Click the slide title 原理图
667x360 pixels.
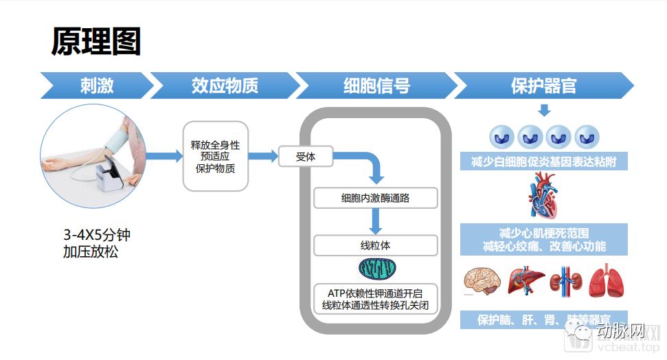(x=96, y=42)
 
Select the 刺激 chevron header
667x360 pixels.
(x=96, y=86)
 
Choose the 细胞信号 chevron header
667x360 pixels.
(x=376, y=86)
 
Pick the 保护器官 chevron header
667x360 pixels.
(x=543, y=86)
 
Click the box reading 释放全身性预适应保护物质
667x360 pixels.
(x=215, y=156)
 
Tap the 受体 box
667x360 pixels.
(x=305, y=157)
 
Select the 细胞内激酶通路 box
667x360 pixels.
(x=375, y=199)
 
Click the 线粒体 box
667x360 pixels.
(x=375, y=245)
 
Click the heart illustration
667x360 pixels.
(x=542, y=195)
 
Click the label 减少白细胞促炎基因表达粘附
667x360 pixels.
(x=543, y=162)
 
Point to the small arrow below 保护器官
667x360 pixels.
(x=543, y=110)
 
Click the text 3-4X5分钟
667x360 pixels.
(x=97, y=236)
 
